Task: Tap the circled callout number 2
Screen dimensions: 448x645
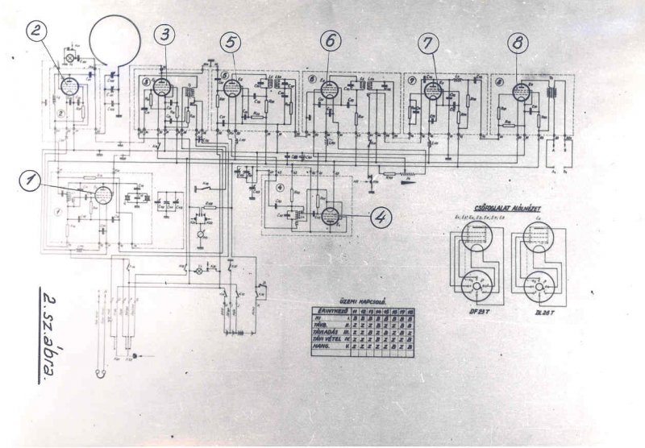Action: (37, 31)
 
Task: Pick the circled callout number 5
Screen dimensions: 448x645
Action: (231, 41)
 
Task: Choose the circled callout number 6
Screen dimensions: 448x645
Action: (331, 41)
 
